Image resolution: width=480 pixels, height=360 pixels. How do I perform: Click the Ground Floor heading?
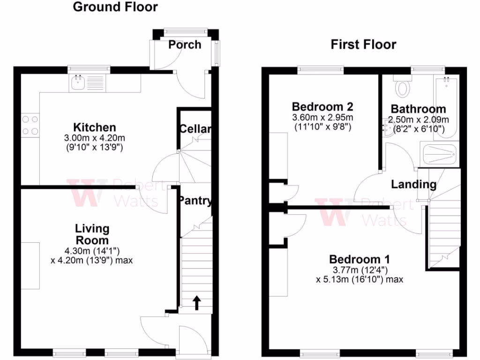[x=115, y=7]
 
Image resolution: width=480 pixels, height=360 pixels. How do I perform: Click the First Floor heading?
[x=363, y=45]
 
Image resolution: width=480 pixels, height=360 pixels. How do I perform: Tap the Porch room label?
[x=185, y=45]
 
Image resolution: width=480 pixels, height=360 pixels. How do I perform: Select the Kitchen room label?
[x=94, y=127]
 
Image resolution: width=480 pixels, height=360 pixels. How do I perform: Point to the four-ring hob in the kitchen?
[x=30, y=125]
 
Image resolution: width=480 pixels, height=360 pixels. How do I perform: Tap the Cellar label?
[x=195, y=129]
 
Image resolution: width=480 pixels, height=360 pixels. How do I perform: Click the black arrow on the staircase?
[x=196, y=303]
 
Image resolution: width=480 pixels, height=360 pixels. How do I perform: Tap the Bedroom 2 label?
[x=322, y=106]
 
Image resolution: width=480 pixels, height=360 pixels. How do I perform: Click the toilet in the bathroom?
[x=402, y=87]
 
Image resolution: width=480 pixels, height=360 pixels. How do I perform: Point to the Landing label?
[x=413, y=185]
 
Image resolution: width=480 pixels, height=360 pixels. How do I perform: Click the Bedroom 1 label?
[x=360, y=259]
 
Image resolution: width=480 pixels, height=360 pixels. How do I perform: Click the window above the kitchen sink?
[x=89, y=70]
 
